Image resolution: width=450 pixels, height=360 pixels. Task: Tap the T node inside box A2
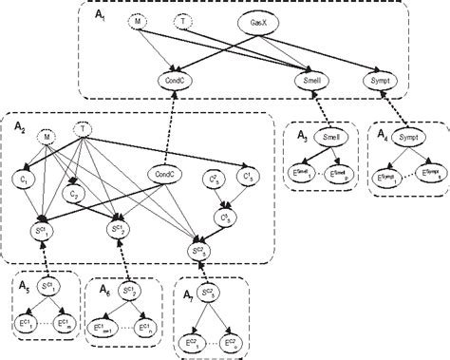pyautogui.click(x=84, y=130)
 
